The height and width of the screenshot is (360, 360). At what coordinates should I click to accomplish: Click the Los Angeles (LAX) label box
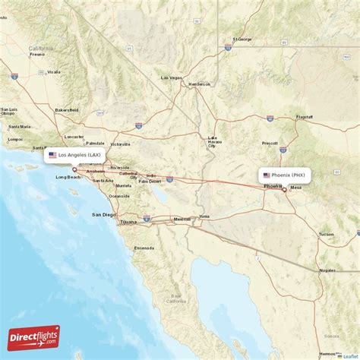coord(75,155)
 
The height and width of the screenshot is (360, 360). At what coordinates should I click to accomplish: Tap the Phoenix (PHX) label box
coord(285,175)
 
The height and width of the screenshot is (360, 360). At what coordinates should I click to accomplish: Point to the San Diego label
coord(104,215)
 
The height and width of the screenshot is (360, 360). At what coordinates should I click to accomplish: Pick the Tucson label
coord(327,234)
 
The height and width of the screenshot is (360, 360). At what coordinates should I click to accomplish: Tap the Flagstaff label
coord(305,118)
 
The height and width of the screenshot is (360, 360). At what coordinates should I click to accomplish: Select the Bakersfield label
coord(66,109)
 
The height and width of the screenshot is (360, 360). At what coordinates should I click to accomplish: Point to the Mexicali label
coord(182,219)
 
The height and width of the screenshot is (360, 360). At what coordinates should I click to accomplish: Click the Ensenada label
coord(144,248)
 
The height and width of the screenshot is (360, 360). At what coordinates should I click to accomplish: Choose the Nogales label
coord(328,270)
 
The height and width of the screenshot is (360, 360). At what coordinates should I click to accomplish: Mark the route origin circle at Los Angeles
coord(74,169)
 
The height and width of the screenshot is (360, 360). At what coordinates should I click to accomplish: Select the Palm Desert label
coord(150,181)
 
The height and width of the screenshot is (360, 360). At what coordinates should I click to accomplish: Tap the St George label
coord(242,39)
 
